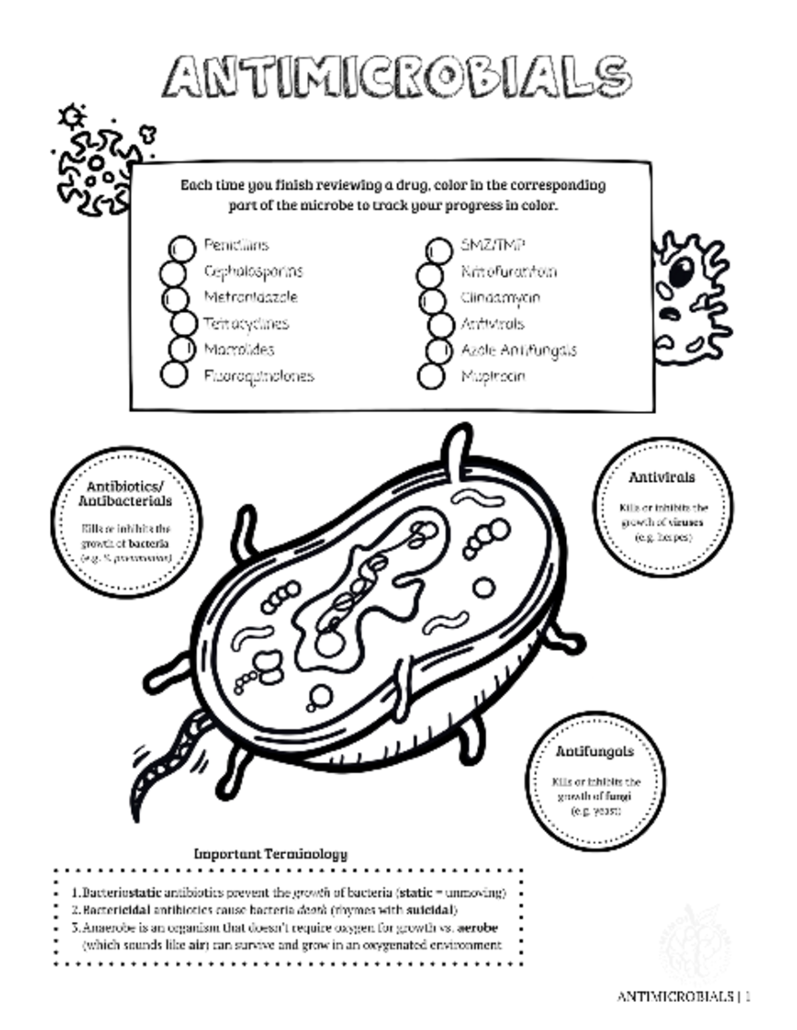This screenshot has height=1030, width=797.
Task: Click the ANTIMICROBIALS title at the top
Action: coord(397,76)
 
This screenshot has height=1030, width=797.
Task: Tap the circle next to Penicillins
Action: coord(183,248)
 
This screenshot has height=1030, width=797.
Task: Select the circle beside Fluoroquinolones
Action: coord(174,374)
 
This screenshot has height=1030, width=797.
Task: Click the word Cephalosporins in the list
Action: coord(253,271)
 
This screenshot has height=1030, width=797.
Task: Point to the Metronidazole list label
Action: coord(251,297)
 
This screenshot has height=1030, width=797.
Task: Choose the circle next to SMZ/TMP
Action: coord(438,250)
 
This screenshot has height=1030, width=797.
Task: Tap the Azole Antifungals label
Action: coord(519,350)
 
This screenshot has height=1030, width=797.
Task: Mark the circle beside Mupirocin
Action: coord(431,376)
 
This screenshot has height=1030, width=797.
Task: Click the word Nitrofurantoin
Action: coord(509,271)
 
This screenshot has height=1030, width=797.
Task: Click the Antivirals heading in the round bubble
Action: coord(662,477)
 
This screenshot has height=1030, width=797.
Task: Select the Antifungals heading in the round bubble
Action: coord(594,752)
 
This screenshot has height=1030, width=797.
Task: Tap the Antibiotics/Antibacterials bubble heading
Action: coord(125,494)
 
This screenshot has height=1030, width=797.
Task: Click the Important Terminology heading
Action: coord(270,853)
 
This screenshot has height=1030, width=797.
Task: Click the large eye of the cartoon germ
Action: coord(681,271)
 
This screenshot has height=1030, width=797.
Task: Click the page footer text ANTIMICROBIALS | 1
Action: coord(683,996)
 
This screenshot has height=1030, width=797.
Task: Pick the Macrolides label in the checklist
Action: coord(239,350)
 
